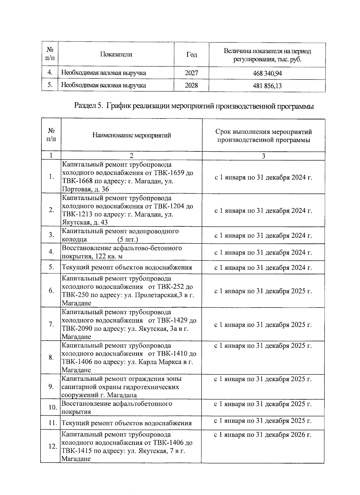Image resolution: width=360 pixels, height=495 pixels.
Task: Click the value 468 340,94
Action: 267,73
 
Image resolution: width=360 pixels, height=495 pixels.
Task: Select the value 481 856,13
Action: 267,86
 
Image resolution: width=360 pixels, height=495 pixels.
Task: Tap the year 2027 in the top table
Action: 191,73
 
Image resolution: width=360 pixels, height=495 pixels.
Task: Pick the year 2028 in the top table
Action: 191,85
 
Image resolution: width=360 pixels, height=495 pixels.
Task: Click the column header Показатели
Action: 116,54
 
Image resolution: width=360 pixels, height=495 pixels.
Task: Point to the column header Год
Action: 192,55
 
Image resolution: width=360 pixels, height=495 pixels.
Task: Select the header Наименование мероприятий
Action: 131,135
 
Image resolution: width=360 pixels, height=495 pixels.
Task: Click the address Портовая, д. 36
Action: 85,189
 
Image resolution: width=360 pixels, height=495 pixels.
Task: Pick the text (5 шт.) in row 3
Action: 127,240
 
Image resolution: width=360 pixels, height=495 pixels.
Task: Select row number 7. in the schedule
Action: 51,324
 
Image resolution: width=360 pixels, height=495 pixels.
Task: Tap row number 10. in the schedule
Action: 53,407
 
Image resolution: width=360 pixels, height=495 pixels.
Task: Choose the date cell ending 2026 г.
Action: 263,435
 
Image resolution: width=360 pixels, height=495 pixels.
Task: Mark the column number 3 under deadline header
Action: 263,156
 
